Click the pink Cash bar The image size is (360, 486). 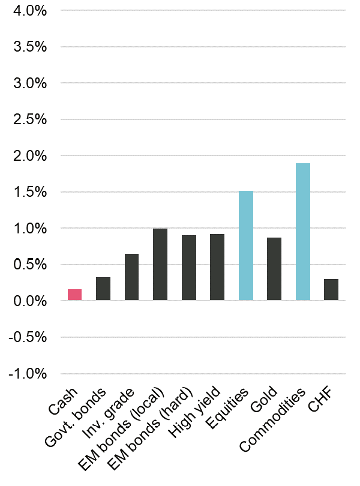pyautogui.click(x=74, y=295)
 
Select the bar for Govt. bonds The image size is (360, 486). pyautogui.click(x=103, y=289)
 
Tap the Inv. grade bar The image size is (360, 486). pyautogui.click(x=131, y=277)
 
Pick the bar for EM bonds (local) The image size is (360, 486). pyautogui.click(x=160, y=265)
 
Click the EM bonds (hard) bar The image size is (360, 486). pyautogui.click(x=188, y=268)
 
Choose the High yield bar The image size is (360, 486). pyautogui.click(x=217, y=267)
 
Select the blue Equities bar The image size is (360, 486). pyautogui.click(x=245, y=245)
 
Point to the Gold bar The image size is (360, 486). pyautogui.click(x=274, y=269)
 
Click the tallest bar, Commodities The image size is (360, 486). pyautogui.click(x=302, y=232)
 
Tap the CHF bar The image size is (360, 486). pyautogui.click(x=331, y=290)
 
